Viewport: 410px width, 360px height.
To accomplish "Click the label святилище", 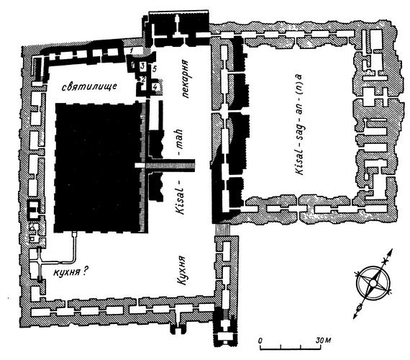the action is pyautogui.click(x=89, y=86).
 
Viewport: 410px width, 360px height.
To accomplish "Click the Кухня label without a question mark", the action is pyautogui.click(x=182, y=271).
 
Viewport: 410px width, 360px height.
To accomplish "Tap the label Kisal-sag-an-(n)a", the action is pyautogui.click(x=299, y=125).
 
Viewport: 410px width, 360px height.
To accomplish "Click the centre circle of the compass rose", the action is pyautogui.click(x=373, y=283).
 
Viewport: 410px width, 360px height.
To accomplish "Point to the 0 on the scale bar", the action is pyautogui.click(x=260, y=341).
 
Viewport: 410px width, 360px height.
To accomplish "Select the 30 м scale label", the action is pyautogui.click(x=324, y=341).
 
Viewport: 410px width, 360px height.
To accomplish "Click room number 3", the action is pyautogui.click(x=142, y=66).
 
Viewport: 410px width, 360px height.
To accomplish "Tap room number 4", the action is pyautogui.click(x=155, y=86).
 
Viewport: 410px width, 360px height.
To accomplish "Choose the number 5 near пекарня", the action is pyautogui.click(x=154, y=69).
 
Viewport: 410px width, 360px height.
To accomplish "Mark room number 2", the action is pyautogui.click(x=142, y=79).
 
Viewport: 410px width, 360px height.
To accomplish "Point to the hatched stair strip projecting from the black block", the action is pyautogui.click(x=170, y=166).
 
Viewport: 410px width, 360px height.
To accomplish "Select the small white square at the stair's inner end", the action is pyautogui.click(x=140, y=166).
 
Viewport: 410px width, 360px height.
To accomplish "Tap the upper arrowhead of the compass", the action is pyautogui.click(x=391, y=252).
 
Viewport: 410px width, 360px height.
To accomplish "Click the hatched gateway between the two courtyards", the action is pyautogui.click(x=222, y=230).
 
